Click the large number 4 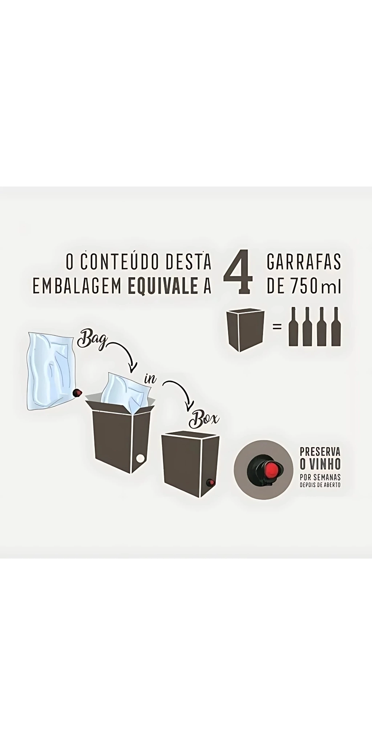pyautogui.click(x=238, y=271)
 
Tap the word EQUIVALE pyautogui.click(x=163, y=287)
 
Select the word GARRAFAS pyautogui.click(x=304, y=262)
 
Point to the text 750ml pyautogui.click(x=315, y=287)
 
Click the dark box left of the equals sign pyautogui.click(x=245, y=330)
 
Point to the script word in pyautogui.click(x=150, y=378)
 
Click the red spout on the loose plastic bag pyautogui.click(x=77, y=393)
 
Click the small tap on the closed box pyautogui.click(x=210, y=483)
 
